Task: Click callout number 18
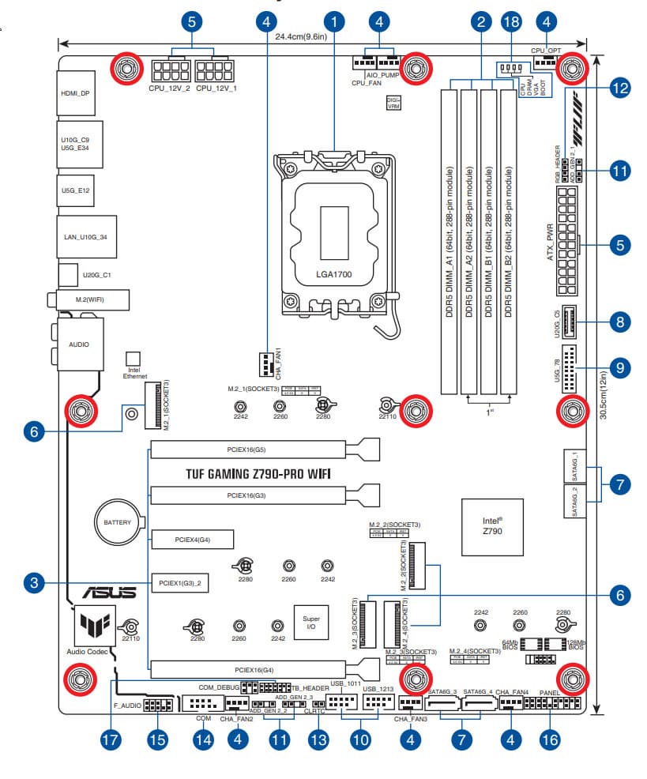[x=511, y=21]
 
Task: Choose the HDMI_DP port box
[x=75, y=92]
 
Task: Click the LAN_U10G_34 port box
[x=86, y=235]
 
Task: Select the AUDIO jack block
[x=78, y=344]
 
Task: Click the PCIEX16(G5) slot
[x=247, y=450]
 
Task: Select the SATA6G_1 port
[x=574, y=467]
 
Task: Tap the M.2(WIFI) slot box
[x=88, y=300]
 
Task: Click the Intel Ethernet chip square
[x=134, y=359]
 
